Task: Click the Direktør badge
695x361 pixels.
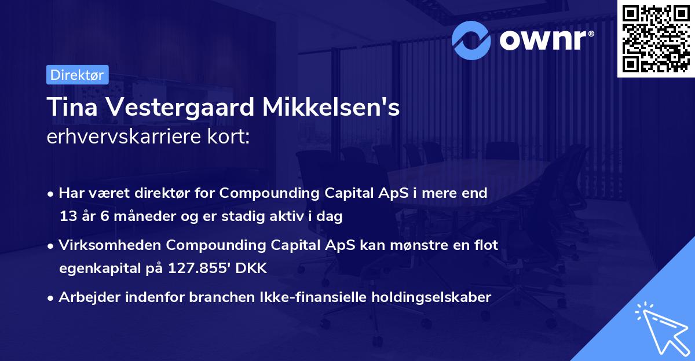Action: [76, 75]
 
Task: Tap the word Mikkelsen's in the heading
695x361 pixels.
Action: [342, 108]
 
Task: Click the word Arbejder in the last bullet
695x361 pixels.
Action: [87, 297]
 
